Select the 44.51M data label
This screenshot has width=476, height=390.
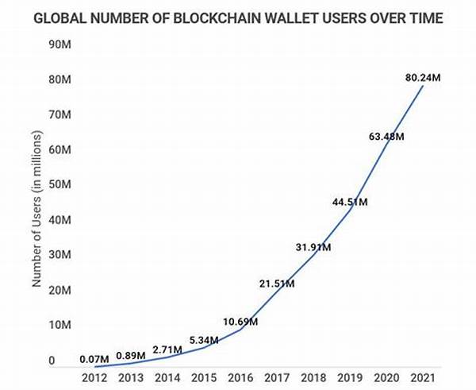pyautogui.click(x=349, y=202)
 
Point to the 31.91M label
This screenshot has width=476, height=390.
pyautogui.click(x=313, y=247)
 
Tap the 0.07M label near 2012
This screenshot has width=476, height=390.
pyautogui.click(x=95, y=358)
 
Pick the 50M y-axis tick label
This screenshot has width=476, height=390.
pyautogui.click(x=57, y=184)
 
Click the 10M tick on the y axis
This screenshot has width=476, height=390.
pyautogui.click(x=57, y=324)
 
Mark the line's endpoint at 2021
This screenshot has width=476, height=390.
pyautogui.click(x=424, y=86)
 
